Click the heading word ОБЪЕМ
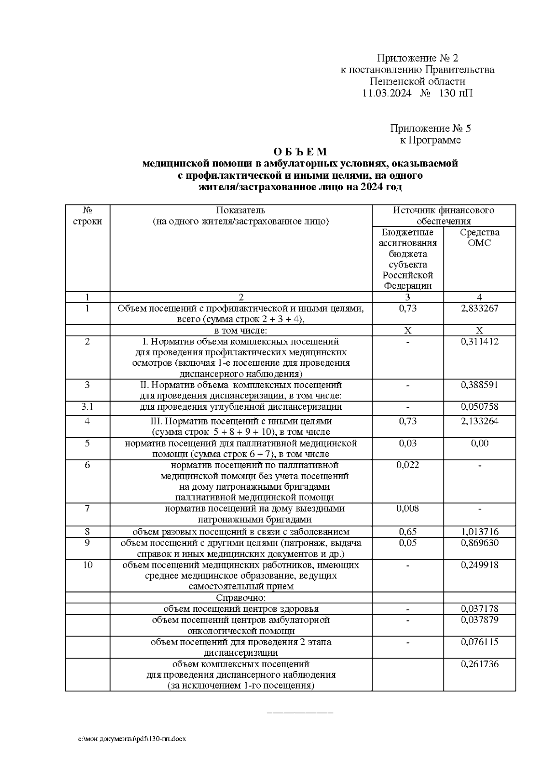coord(300,151)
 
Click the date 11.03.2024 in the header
coord(386,94)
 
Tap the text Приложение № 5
coord(430,128)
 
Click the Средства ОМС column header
coord(479,237)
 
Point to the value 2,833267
coord(479,309)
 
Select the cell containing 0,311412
coord(479,342)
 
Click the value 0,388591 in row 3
coord(479,385)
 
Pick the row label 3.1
coord(87,407)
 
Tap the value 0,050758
coord(479,407)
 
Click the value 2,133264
coord(479,421)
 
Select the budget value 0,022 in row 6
coord(407,465)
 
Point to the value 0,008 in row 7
coord(407,508)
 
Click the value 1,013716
coord(479,532)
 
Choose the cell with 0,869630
coord(479,543)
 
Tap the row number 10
coord(87,565)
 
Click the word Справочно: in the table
coord(241,598)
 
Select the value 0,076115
coord(479,642)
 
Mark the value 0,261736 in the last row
coord(479,664)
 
